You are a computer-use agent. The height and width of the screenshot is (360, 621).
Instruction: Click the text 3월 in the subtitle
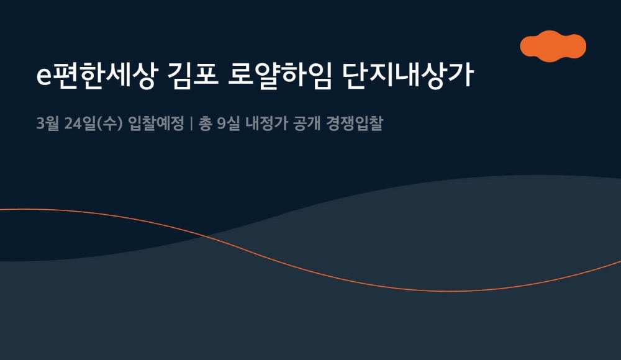pyautogui.click(x=47, y=124)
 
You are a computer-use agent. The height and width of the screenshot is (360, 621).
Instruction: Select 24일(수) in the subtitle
pyautogui.click(x=93, y=124)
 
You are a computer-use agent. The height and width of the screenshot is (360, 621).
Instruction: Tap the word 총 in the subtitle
pyautogui.click(x=205, y=124)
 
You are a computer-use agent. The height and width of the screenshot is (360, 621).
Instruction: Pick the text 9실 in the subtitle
pyautogui.click(x=230, y=124)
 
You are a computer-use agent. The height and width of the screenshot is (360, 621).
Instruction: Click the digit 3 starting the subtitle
pyautogui.click(x=40, y=124)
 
